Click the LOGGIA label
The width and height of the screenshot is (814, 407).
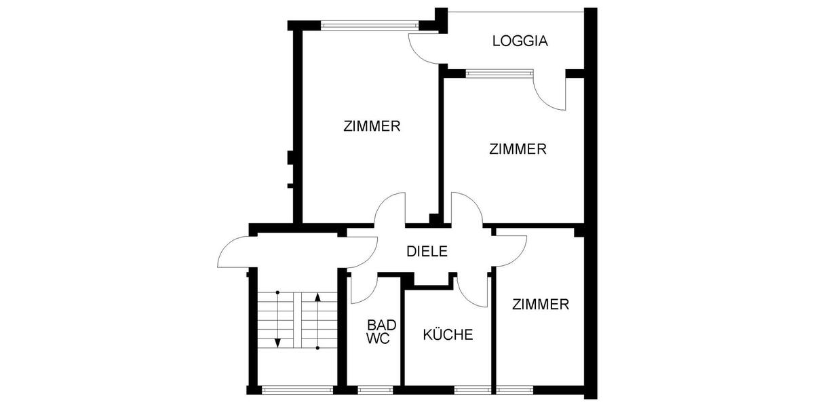click(520, 41)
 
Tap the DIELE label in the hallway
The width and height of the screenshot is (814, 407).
click(427, 251)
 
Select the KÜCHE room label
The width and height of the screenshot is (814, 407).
click(448, 334)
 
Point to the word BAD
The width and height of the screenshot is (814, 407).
click(381, 325)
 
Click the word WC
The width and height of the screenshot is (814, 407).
click(379, 338)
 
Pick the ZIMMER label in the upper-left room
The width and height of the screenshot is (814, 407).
click(372, 126)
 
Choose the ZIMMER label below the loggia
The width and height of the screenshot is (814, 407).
click(518, 149)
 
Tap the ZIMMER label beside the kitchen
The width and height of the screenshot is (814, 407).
click(541, 305)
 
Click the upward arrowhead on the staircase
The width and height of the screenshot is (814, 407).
click(318, 296)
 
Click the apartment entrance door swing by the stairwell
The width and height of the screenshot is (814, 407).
click(234, 251)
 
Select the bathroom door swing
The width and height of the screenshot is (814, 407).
click(360, 288)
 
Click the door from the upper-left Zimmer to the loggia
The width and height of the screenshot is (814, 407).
click(424, 47)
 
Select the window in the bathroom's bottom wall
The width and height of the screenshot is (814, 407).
click(375, 389)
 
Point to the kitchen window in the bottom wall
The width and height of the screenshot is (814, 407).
click(473, 389)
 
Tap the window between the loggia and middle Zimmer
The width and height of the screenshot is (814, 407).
click(499, 73)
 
